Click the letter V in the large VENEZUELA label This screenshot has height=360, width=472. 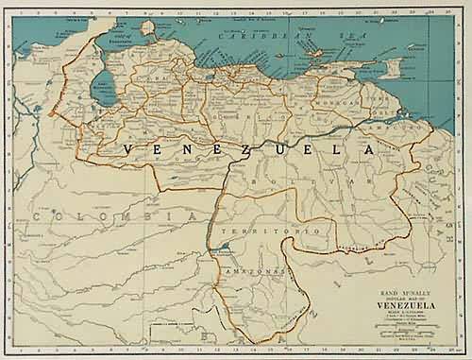click(130, 150)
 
